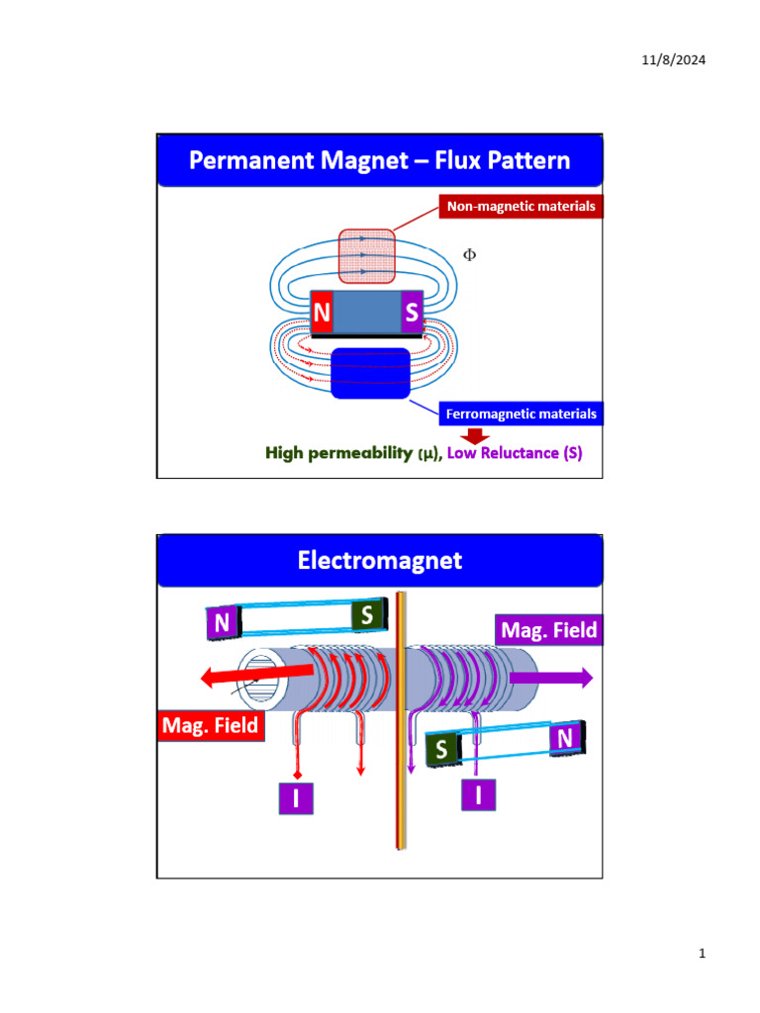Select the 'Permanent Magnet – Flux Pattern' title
click(x=380, y=160)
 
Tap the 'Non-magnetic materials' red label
click(x=521, y=207)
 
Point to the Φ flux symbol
click(x=470, y=255)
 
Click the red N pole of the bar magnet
click(x=322, y=314)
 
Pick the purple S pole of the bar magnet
click(x=412, y=314)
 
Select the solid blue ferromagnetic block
click(x=370, y=374)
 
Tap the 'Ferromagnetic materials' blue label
click(x=521, y=414)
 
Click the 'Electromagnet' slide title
click(x=380, y=561)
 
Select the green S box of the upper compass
click(x=367, y=615)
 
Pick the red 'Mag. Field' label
click(x=210, y=726)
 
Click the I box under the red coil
click(x=295, y=797)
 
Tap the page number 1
click(x=702, y=955)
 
